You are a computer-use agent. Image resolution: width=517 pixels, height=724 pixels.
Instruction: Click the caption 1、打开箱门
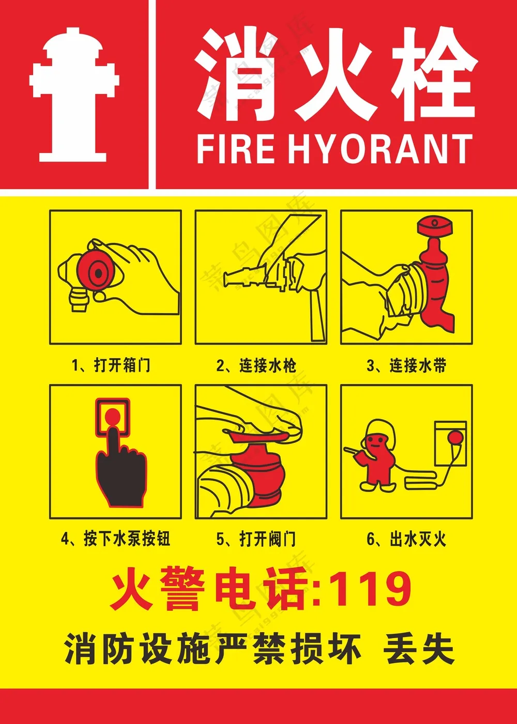[x=111, y=365]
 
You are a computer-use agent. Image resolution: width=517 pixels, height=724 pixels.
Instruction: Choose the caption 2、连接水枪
[x=256, y=365]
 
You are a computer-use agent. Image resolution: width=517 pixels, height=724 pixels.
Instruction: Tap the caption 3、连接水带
[x=406, y=365]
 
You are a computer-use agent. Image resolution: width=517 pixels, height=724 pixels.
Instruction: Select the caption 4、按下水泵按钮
[x=115, y=538]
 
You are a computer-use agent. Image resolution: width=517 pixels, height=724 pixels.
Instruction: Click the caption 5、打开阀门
[x=256, y=538]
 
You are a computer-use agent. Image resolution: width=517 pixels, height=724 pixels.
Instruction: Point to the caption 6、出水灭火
[x=406, y=538]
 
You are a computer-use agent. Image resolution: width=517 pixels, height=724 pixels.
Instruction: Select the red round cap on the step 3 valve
[x=435, y=227]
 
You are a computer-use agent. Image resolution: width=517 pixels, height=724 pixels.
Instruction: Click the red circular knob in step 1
[x=98, y=273]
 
